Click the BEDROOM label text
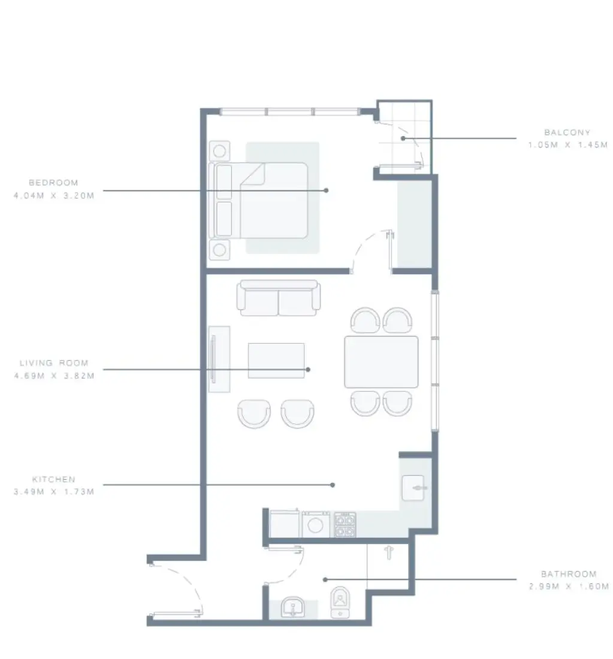[x=53, y=183]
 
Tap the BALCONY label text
[x=567, y=132]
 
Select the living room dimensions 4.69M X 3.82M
[x=53, y=376]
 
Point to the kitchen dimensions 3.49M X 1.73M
[x=53, y=492]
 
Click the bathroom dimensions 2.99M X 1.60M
[x=567, y=587]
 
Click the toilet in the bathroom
[x=340, y=601]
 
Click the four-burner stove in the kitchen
[x=345, y=525]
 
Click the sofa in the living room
[x=279, y=298]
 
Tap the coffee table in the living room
[x=276, y=360]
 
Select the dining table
[x=381, y=361]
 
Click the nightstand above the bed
[x=219, y=150]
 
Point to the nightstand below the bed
[x=219, y=249]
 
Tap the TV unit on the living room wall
[x=218, y=359]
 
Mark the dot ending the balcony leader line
[x=403, y=138]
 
